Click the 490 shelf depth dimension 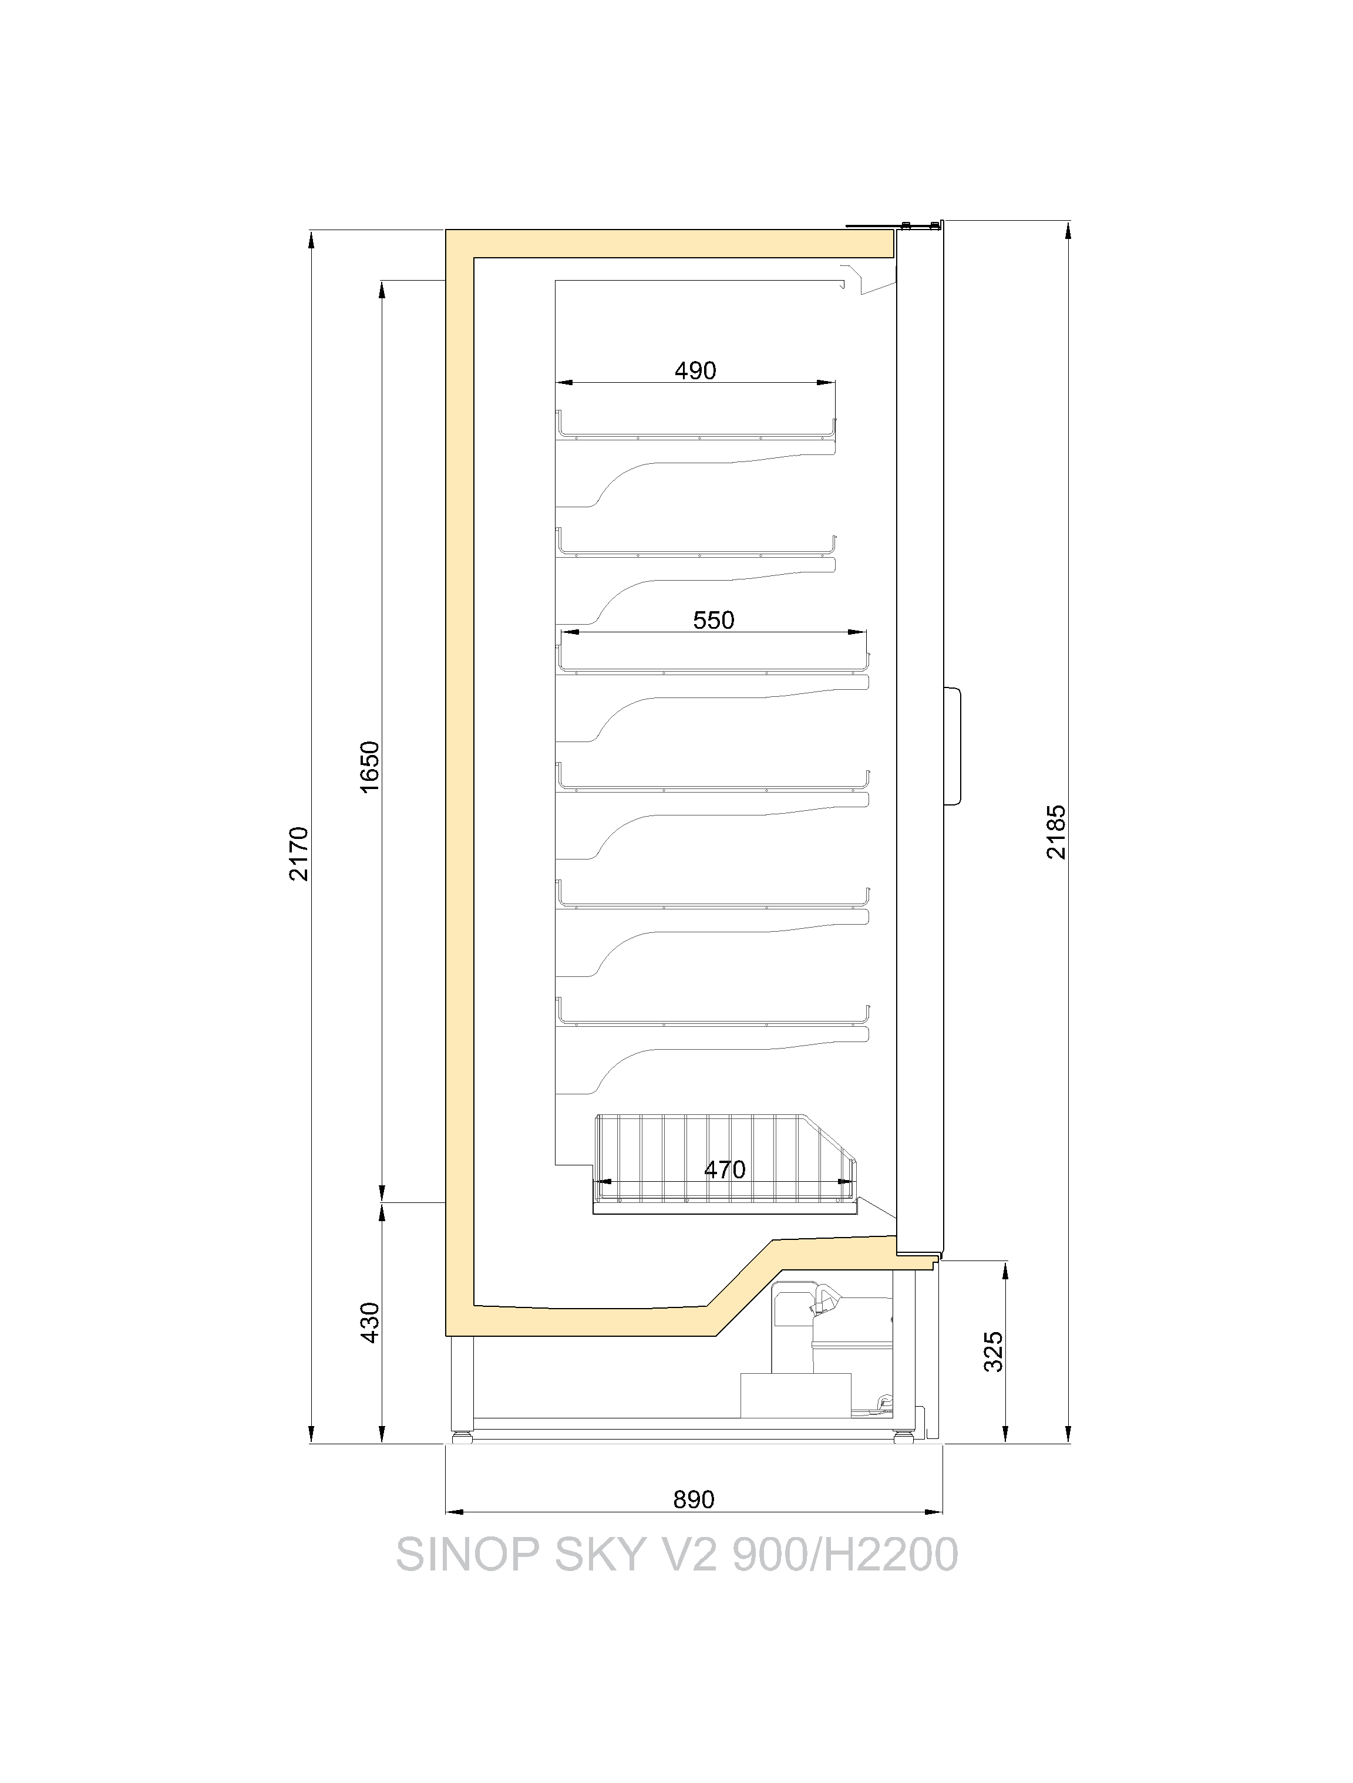click(695, 371)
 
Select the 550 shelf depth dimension click(713, 620)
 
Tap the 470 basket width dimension click(725, 1169)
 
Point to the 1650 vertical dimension click(369, 767)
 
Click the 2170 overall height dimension click(299, 853)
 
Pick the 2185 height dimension click(1056, 832)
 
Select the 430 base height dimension click(369, 1322)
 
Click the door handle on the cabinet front click(954, 746)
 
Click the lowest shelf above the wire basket click(713, 1014)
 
